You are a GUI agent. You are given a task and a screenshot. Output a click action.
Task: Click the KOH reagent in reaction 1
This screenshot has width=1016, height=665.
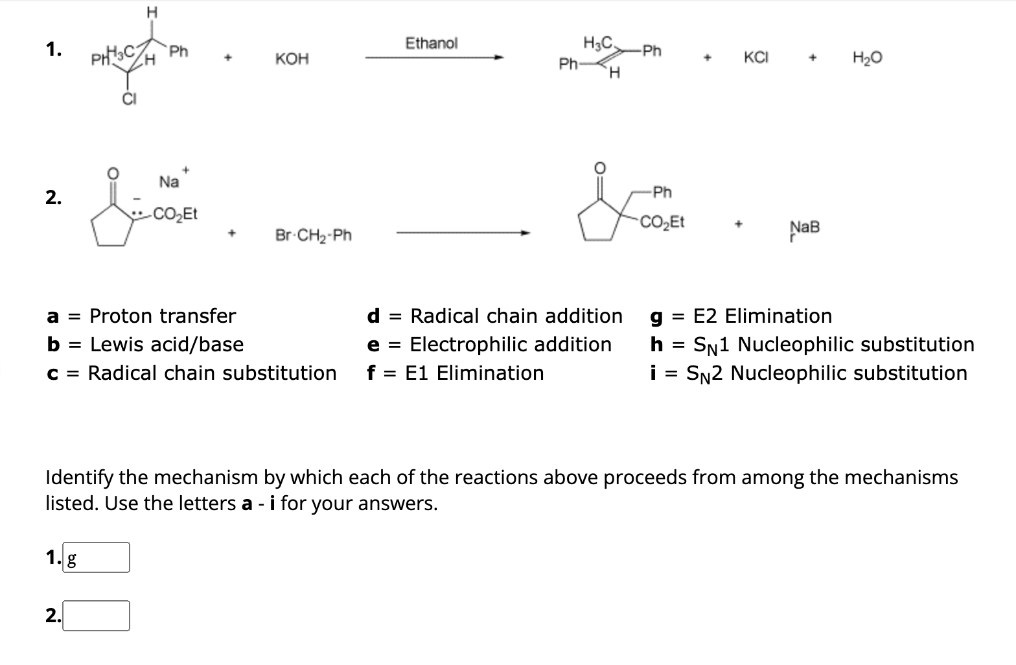tap(292, 60)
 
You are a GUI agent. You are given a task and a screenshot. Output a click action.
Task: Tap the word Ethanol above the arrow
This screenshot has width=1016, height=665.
tap(431, 43)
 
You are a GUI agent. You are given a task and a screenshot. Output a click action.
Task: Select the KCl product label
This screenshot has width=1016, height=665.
tap(756, 57)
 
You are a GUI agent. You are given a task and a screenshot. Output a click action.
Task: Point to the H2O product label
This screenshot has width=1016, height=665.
tap(867, 58)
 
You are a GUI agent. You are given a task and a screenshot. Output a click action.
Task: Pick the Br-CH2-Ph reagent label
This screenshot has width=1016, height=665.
tap(314, 235)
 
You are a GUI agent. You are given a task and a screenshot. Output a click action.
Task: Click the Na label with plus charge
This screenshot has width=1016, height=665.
tap(170, 182)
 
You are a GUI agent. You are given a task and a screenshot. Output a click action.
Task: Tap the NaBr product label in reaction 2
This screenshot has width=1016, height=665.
tap(804, 227)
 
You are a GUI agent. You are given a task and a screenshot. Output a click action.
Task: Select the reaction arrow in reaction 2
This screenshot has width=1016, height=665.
tap(463, 234)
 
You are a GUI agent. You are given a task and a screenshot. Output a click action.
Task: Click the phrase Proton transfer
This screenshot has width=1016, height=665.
tap(162, 316)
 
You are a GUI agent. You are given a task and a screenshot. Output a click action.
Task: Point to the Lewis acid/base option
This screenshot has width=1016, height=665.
tap(167, 345)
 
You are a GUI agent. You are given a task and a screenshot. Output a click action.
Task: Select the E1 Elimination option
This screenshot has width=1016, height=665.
tap(474, 373)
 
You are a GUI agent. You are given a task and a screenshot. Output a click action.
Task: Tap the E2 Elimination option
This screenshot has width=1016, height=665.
tap(762, 316)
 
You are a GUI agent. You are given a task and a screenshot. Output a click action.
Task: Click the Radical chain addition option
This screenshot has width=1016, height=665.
tap(516, 316)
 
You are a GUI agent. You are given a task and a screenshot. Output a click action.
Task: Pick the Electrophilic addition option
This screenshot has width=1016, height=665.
tap(511, 345)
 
